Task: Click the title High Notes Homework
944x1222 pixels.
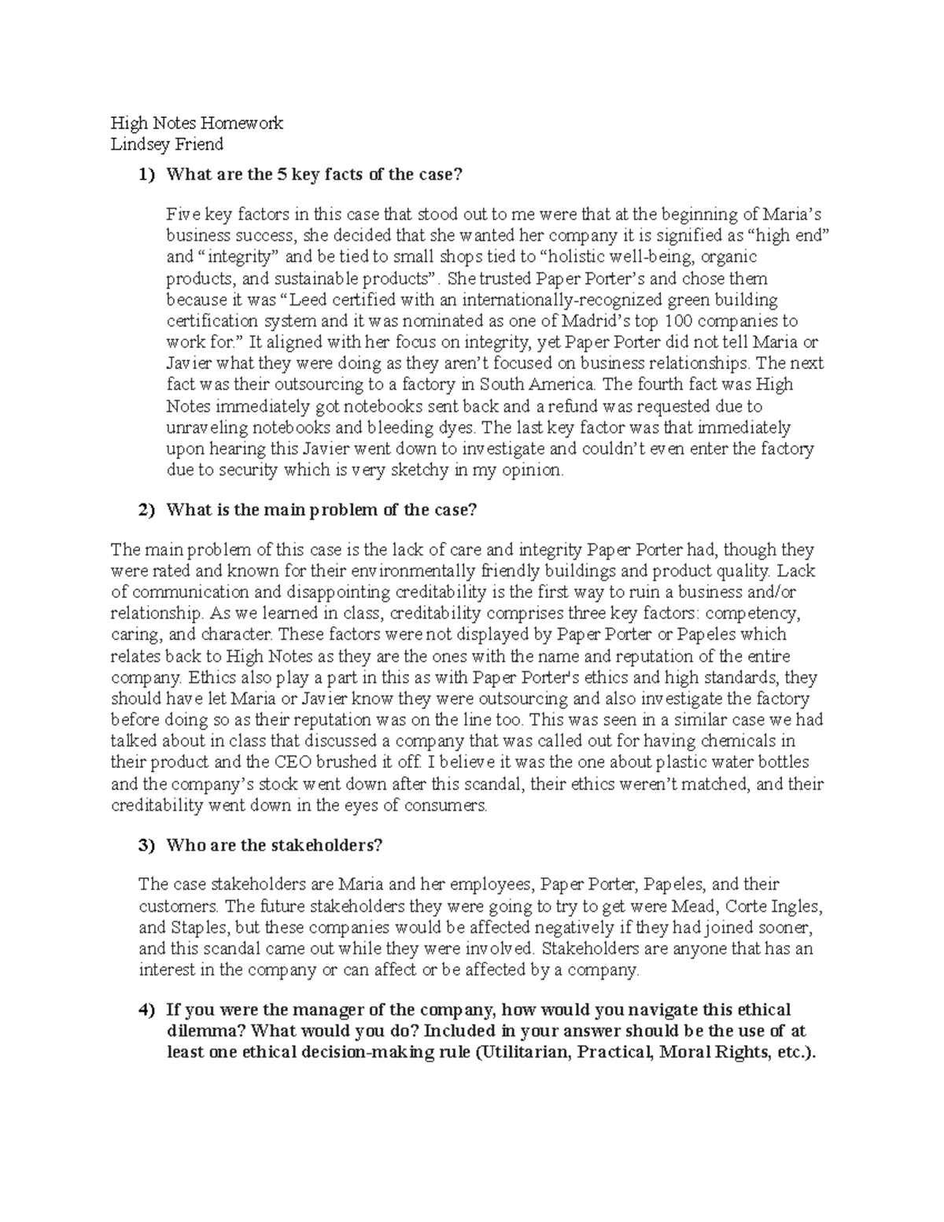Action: [197, 123]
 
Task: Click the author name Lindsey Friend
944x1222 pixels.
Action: [167, 144]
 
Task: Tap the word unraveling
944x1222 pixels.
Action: [207, 428]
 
